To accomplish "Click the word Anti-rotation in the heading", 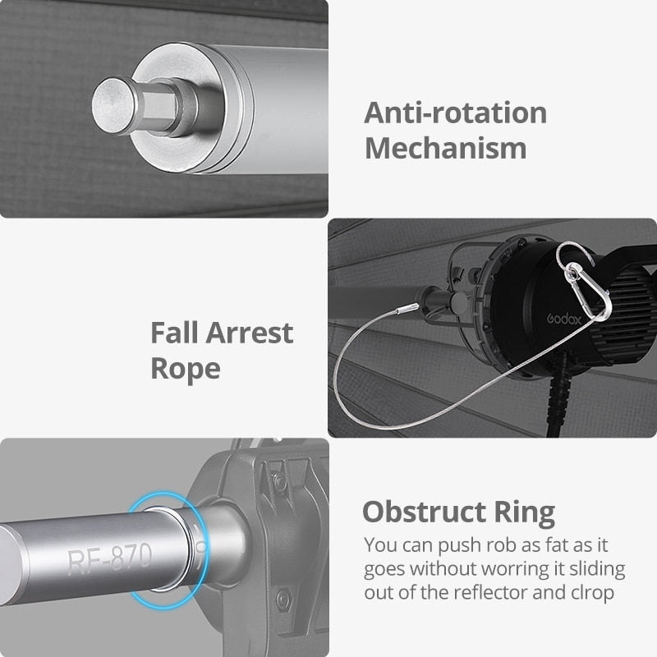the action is [x=456, y=113].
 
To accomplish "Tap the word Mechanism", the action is [x=445, y=149].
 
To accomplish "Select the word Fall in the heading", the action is [x=174, y=333].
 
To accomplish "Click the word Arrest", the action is [x=250, y=333].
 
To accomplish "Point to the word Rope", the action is [x=186, y=369].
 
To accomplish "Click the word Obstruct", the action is [x=424, y=512].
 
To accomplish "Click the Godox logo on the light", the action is [x=564, y=319].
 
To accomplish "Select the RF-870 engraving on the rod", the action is [x=109, y=558].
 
